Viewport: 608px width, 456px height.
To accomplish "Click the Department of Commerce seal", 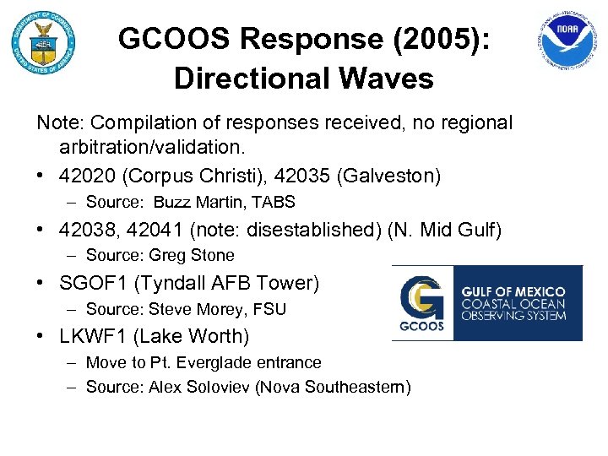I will click(x=43, y=42).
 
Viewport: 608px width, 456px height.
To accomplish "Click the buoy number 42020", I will click(x=88, y=176).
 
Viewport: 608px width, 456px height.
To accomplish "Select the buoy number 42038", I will click(x=88, y=229).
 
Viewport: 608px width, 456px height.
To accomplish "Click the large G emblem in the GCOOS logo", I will click(x=422, y=297).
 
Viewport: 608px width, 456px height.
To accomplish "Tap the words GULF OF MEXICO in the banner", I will click(x=513, y=291).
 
